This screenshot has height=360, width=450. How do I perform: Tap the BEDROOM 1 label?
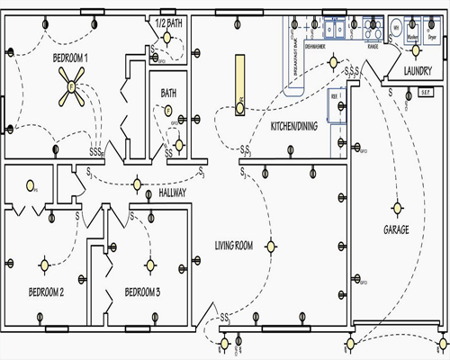(x=51, y=57)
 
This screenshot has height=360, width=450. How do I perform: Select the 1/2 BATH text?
(x=168, y=22)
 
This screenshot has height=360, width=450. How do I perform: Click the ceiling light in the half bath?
(x=168, y=40)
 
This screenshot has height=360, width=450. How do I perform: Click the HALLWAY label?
(x=172, y=193)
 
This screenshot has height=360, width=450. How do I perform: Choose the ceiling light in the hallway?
(x=137, y=184)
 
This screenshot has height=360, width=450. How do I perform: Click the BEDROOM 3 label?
(x=142, y=292)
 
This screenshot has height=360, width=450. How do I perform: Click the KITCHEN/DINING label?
(x=292, y=126)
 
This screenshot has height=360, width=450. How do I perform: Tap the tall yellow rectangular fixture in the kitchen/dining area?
(x=240, y=85)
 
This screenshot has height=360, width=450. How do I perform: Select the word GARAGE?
(x=396, y=230)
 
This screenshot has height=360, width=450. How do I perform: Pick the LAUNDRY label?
(x=418, y=70)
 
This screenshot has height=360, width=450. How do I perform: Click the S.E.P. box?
(x=427, y=92)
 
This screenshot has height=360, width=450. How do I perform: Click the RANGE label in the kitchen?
(x=372, y=47)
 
